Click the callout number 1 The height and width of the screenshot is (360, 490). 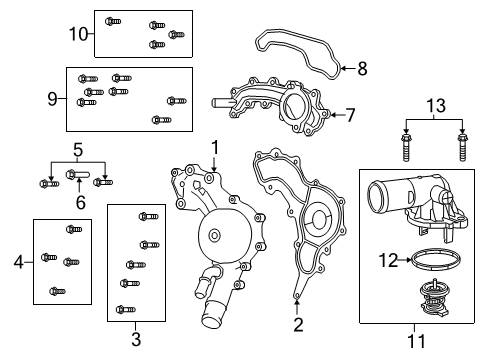[213, 147]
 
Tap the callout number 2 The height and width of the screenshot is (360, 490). [298, 323]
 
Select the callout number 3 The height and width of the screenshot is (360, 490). [136, 337]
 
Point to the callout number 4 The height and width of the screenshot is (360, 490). [18, 262]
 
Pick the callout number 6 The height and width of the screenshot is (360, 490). [79, 203]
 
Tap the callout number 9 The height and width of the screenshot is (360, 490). [54, 98]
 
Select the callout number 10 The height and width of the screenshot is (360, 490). [79, 33]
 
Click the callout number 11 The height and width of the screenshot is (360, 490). [417, 341]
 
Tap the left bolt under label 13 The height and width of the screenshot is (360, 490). [406, 147]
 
